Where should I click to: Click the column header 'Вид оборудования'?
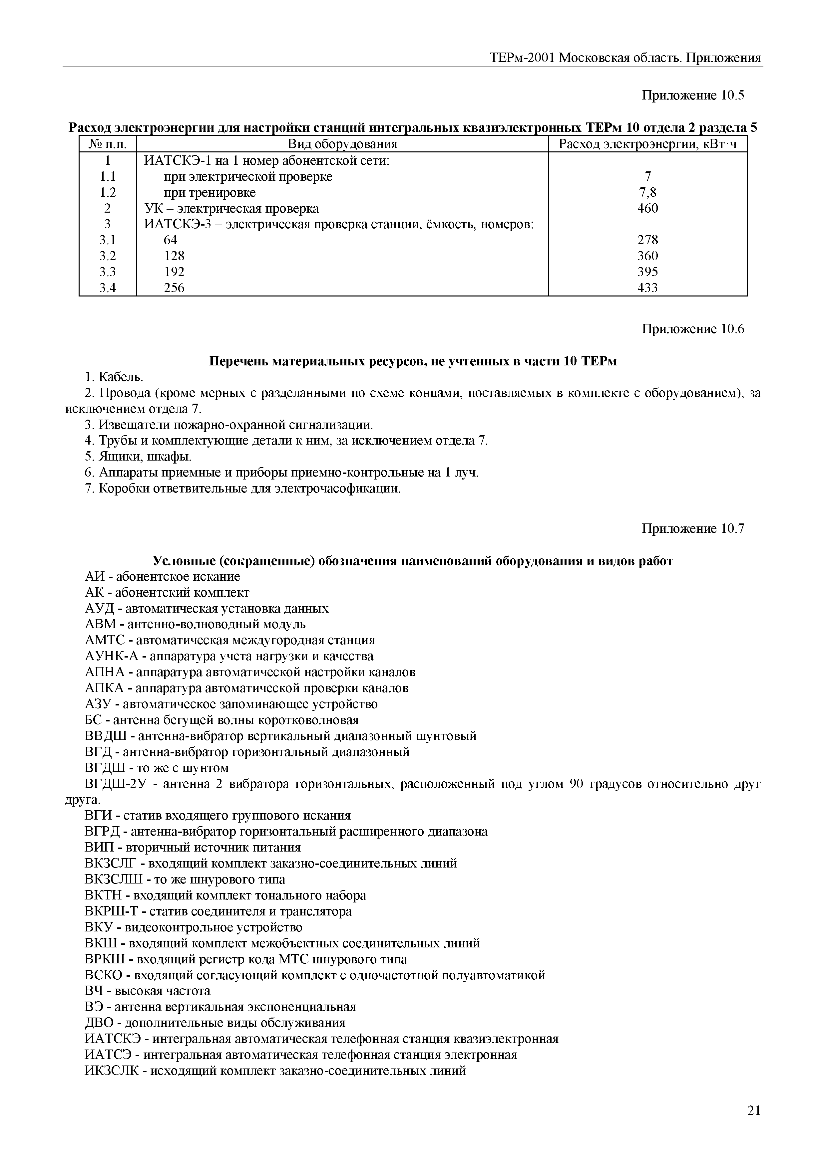(342, 144)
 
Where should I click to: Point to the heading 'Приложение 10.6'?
(693, 329)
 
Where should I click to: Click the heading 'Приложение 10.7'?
(693, 529)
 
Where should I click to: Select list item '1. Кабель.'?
(115, 377)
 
